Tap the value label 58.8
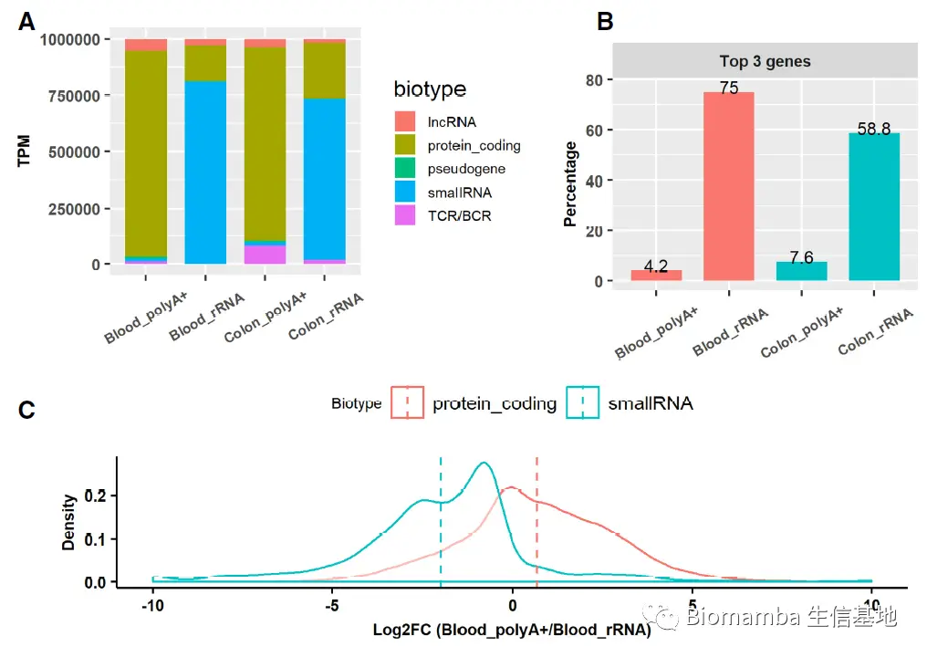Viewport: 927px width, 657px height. pos(873,129)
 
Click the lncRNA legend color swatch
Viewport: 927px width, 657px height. pos(406,121)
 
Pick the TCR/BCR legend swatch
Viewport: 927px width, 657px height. pos(406,215)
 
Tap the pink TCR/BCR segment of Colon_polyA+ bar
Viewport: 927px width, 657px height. pos(265,254)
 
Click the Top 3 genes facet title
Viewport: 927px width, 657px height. pos(765,62)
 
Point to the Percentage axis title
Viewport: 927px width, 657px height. pos(571,183)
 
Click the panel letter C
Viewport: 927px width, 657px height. pos(27,411)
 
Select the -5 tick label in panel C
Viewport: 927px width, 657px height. pos(332,608)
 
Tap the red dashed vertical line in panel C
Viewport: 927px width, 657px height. pos(536,520)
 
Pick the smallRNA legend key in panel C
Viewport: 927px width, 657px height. pos(583,402)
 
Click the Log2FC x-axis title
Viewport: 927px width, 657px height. pos(512,630)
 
